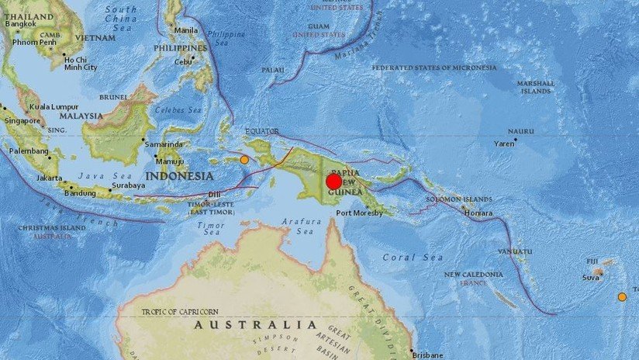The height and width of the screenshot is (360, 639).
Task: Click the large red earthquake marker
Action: (x=333, y=182)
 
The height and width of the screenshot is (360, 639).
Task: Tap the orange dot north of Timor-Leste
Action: (x=244, y=160)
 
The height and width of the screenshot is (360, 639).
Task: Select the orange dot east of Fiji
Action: (x=622, y=296)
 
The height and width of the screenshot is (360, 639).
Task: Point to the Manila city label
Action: (x=187, y=30)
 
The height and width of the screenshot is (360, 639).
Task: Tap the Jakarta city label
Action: (x=49, y=178)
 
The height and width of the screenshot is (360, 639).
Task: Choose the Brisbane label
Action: (x=426, y=355)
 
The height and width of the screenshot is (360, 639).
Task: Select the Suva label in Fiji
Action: (x=591, y=276)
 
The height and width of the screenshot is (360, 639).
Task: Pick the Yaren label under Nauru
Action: (x=505, y=144)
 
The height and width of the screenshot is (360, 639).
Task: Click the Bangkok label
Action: (x=21, y=24)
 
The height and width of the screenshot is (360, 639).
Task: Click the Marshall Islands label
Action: (x=537, y=86)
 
